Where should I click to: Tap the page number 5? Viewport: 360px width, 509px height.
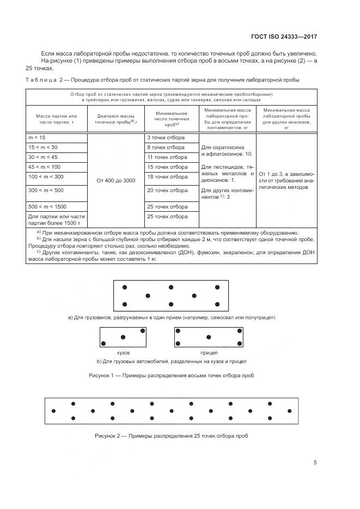point(315,463)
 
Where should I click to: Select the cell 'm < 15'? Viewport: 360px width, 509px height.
point(57,138)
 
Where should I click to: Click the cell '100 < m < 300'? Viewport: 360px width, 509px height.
point(57,177)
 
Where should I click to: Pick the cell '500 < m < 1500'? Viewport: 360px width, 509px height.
point(57,207)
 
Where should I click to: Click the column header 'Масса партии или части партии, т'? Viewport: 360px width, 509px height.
point(57,120)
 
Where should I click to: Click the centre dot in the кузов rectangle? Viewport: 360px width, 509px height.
point(123,336)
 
